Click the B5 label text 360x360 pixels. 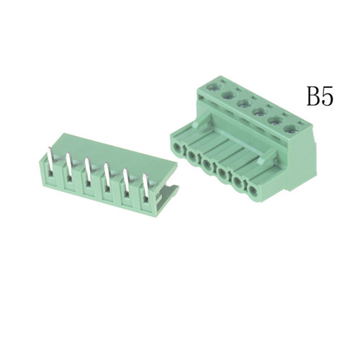[320, 96]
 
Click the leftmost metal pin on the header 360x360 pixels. [50, 159]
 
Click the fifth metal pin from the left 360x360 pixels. [126, 181]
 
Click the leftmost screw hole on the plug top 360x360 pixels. [214, 86]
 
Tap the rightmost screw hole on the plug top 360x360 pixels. [289, 129]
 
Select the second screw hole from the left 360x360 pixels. [228, 95]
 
